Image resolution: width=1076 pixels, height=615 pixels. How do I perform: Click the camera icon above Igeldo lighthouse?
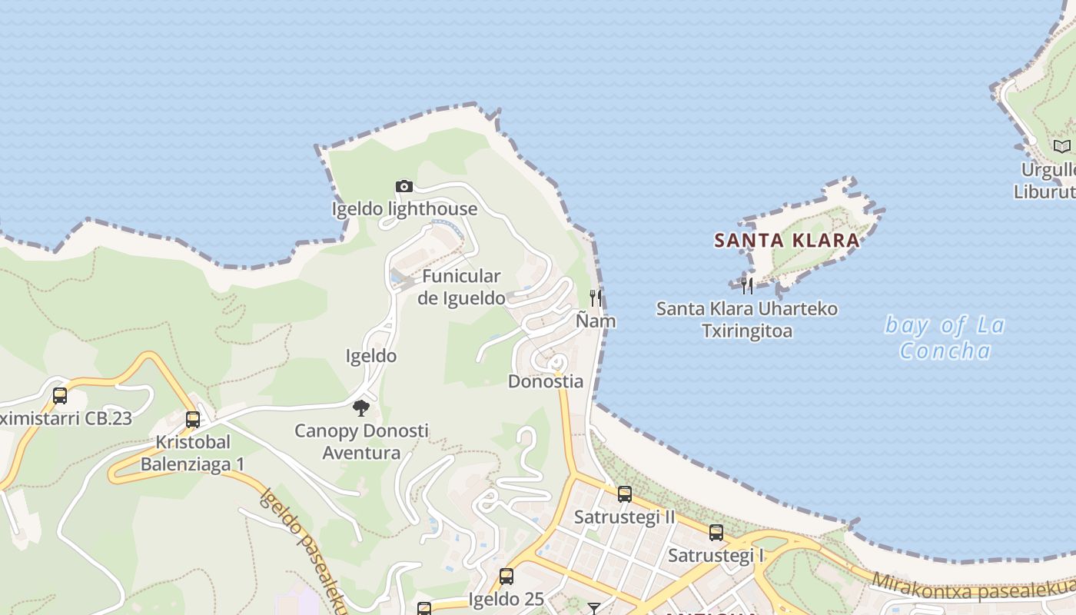[x=404, y=186]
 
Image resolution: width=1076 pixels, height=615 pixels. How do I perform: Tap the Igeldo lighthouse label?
[x=404, y=209]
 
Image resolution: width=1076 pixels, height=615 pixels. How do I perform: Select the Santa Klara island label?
[x=787, y=241]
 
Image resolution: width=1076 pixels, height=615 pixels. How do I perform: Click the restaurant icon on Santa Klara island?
[x=746, y=286]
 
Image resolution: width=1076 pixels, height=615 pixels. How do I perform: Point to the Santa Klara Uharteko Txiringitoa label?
[x=746, y=320]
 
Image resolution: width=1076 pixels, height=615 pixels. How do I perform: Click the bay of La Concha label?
[x=945, y=337]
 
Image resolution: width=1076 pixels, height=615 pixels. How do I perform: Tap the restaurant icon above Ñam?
[x=596, y=298]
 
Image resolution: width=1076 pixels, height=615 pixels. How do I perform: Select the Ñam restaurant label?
[x=596, y=321]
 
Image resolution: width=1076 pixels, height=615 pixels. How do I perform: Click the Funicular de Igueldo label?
[x=461, y=287]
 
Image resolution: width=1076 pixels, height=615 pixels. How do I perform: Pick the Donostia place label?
[x=546, y=381]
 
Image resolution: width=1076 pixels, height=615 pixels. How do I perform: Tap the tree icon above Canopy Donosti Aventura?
[x=361, y=407]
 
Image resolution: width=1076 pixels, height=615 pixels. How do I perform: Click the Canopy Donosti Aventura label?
[x=361, y=441]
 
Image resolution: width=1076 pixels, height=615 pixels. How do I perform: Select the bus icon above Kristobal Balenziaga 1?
[x=193, y=419]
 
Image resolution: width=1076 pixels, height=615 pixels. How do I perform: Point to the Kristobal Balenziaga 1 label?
[x=192, y=454]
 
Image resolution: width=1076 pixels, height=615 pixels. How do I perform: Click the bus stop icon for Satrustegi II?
[x=625, y=494]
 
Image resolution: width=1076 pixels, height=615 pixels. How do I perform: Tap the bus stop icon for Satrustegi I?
[x=716, y=532]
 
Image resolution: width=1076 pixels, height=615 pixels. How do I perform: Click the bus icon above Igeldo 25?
[x=506, y=577]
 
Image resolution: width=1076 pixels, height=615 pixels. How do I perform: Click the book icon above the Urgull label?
[x=1061, y=146]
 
